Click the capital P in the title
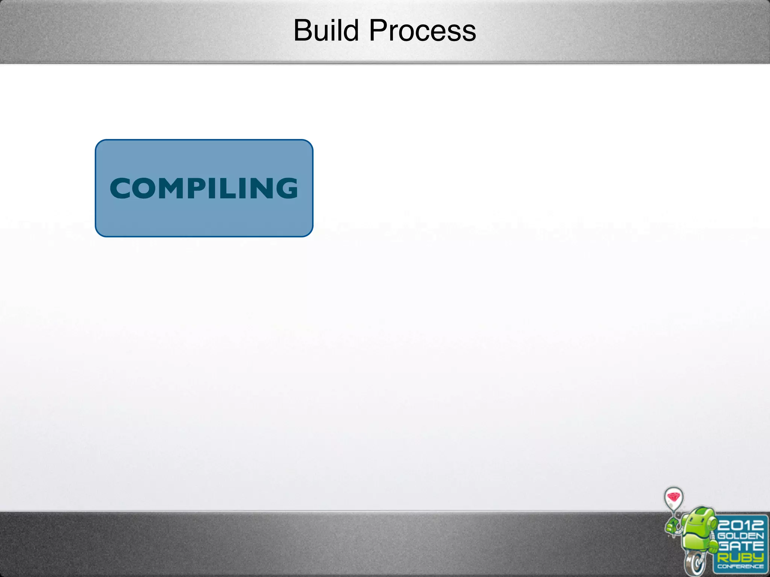[378, 31]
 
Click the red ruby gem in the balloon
[673, 497]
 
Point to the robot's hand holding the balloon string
[672, 526]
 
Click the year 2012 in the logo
[740, 524]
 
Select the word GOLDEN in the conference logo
[740, 536]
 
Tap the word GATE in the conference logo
[740, 546]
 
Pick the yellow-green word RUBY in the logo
[740, 557]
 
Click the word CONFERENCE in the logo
[740, 566]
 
